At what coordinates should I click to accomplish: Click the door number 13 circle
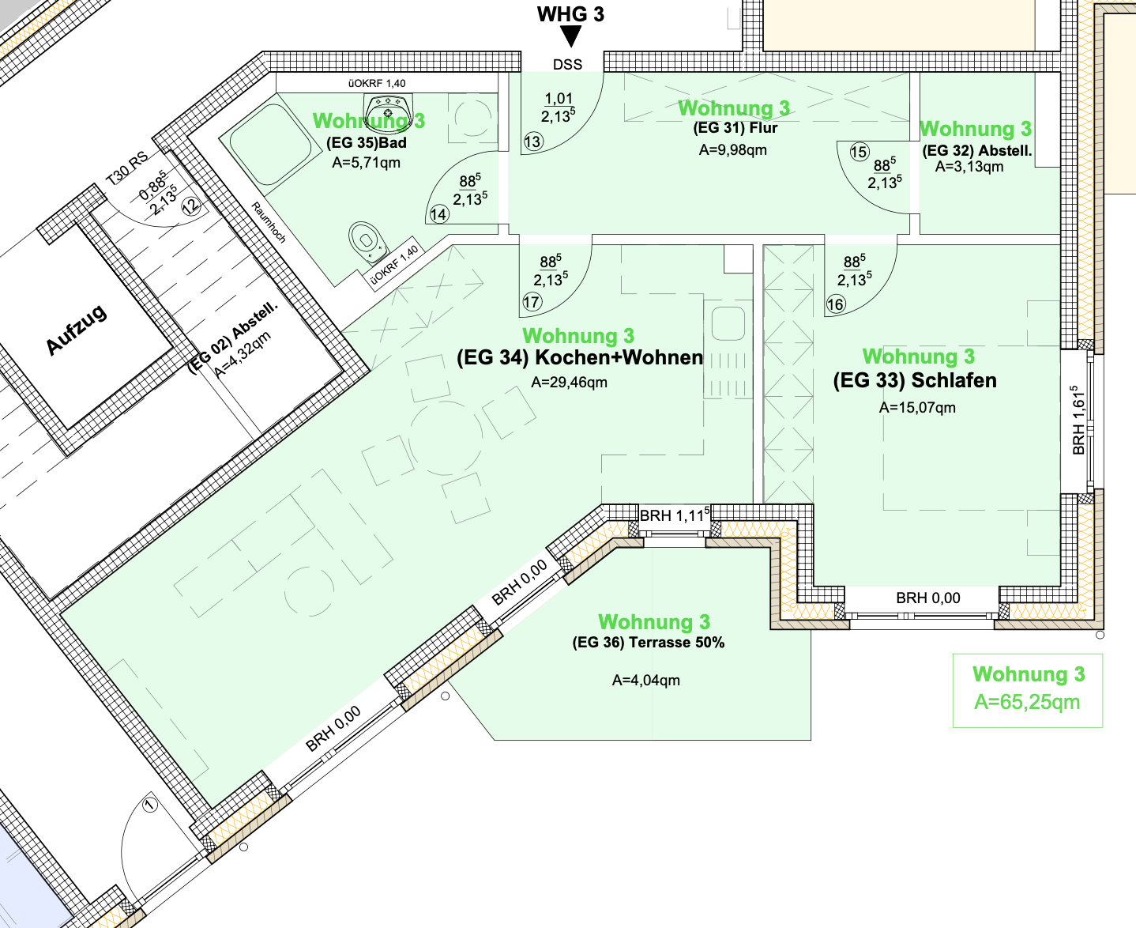tap(532, 141)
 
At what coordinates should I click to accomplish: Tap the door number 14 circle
tap(438, 214)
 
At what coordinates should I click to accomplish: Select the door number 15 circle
tap(860, 152)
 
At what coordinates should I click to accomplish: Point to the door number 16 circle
tap(836, 304)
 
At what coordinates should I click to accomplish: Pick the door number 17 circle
tap(532, 302)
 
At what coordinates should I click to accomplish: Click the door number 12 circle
tap(190, 206)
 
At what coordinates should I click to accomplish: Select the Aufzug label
tap(77, 330)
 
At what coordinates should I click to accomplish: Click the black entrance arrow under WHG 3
tap(570, 36)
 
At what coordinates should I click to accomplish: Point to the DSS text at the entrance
tap(568, 65)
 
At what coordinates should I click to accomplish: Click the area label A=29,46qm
tap(570, 383)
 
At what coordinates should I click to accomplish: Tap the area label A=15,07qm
tap(917, 408)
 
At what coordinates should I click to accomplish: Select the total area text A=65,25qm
tap(1027, 702)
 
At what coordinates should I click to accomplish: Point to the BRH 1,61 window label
tap(1078, 421)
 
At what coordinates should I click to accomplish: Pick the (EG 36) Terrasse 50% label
tap(648, 643)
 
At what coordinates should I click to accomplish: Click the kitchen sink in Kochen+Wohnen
tap(728, 323)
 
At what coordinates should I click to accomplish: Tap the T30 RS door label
tap(126, 168)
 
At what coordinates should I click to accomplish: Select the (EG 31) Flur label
tap(735, 128)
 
